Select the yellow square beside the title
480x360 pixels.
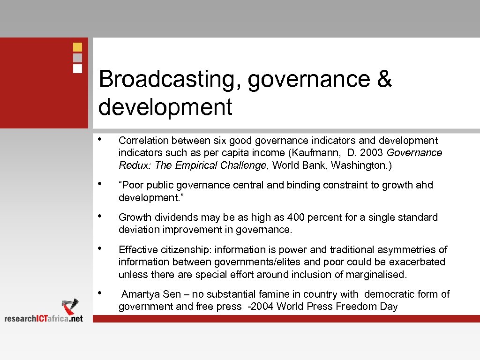pos(78,47)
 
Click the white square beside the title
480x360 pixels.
pos(78,68)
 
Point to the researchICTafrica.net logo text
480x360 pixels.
pos(44,318)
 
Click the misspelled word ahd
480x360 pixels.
pos(424,185)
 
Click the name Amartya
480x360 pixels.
pos(141,294)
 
